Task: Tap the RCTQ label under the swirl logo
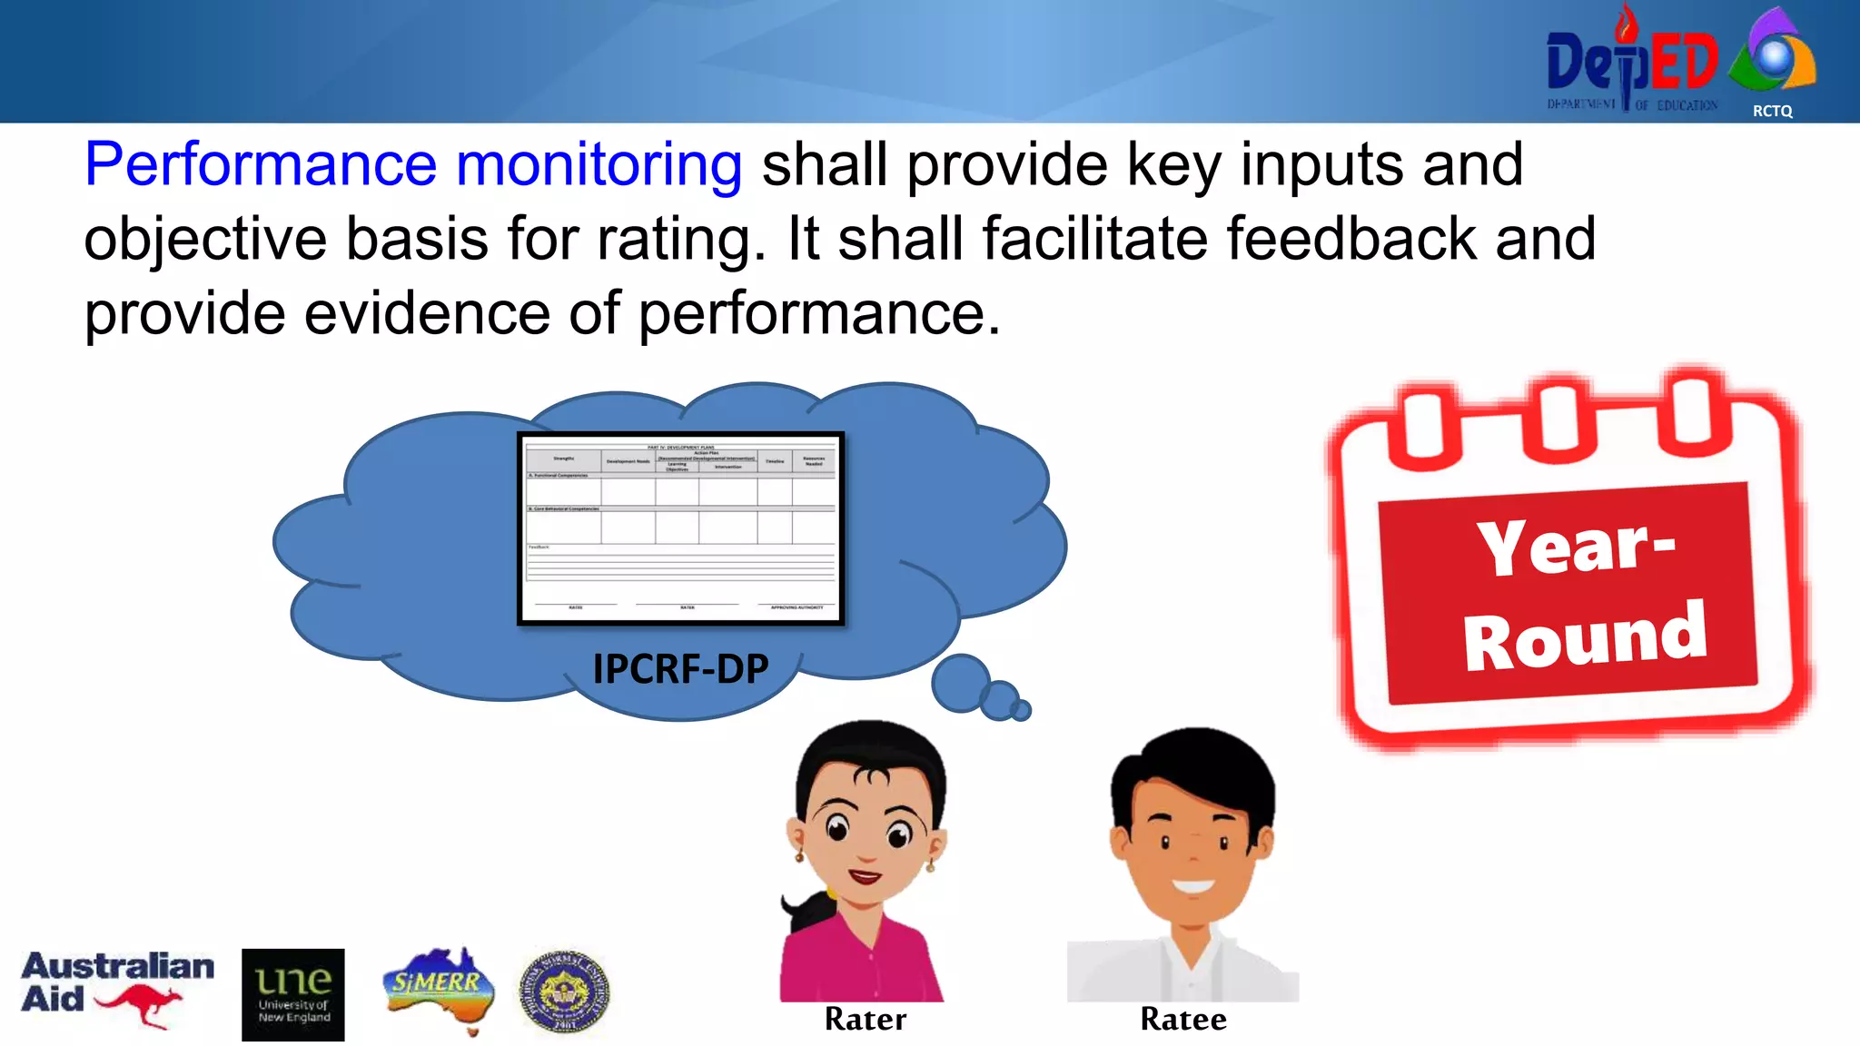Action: pyautogui.click(x=1772, y=111)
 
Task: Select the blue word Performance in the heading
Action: pyautogui.click(x=261, y=165)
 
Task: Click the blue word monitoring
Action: pyautogui.click(x=599, y=165)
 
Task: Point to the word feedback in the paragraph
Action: pyautogui.click(x=1351, y=239)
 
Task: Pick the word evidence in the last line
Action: pyautogui.click(x=427, y=314)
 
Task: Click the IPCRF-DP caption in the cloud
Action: pyautogui.click(x=680, y=669)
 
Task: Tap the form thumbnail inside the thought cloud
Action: pyautogui.click(x=680, y=528)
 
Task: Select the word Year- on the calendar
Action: pyautogui.click(x=1576, y=547)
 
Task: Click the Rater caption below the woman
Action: pyautogui.click(x=865, y=1020)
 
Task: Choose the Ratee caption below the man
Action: pyautogui.click(x=1182, y=1020)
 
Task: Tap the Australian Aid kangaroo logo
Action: pyautogui.click(x=117, y=990)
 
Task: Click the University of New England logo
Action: pyautogui.click(x=292, y=994)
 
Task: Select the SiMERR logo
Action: pyautogui.click(x=438, y=988)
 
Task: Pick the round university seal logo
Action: pyautogui.click(x=564, y=992)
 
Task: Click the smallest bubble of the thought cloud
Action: pyautogui.click(x=1022, y=710)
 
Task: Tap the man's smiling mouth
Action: pyautogui.click(x=1192, y=886)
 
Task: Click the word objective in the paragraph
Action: pyautogui.click(x=204, y=240)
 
